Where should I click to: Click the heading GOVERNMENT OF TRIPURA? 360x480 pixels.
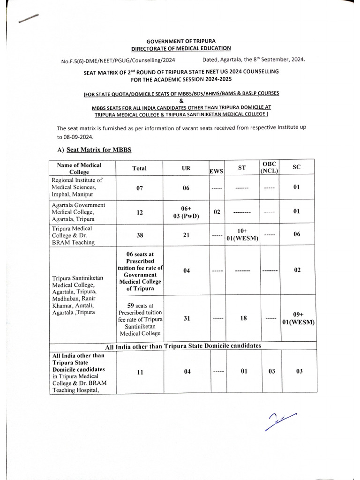pos(181,41)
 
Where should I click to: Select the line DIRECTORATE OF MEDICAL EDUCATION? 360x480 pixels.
pos(181,48)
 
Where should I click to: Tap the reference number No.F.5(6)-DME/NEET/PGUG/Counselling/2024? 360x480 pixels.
pos(118,61)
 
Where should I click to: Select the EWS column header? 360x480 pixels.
pos(218,172)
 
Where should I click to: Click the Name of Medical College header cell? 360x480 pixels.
pos(79,168)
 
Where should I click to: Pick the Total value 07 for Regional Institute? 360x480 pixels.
pos(139,188)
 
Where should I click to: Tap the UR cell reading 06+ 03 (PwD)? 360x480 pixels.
pos(186,212)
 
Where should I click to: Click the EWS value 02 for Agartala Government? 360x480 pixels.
pos(217,212)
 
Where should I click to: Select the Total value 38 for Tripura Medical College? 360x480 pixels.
pos(139,234)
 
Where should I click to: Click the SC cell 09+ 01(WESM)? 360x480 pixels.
pos(298,319)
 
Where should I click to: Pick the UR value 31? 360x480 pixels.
pos(186,318)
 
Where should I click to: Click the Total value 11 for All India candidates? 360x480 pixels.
pos(139,372)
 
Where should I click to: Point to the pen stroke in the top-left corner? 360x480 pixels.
pos(27,18)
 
